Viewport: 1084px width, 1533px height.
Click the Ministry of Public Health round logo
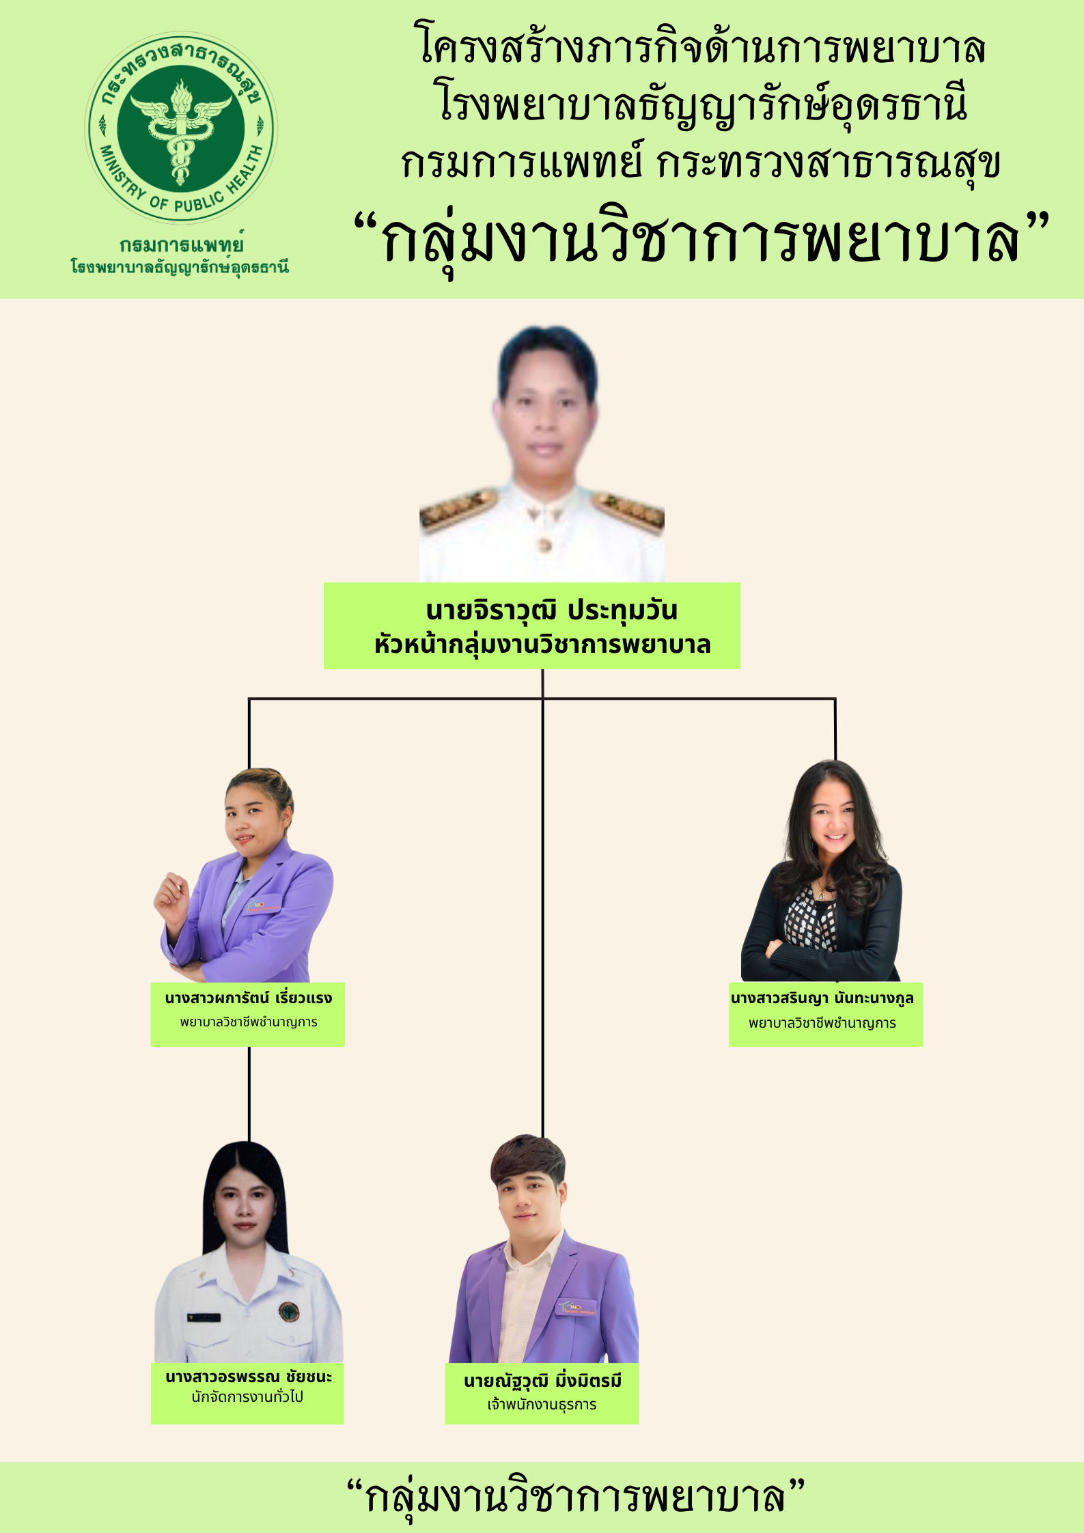point(181,127)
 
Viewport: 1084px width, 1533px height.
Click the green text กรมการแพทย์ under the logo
point(182,244)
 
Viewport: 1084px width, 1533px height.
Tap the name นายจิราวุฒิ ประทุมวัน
point(551,610)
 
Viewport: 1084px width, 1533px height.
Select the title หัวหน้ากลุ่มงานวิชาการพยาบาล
point(542,644)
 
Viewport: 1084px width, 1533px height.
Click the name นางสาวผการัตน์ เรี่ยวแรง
point(249,998)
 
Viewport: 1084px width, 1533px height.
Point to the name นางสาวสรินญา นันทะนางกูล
point(822,998)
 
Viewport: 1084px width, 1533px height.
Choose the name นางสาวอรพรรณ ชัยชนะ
point(249,1377)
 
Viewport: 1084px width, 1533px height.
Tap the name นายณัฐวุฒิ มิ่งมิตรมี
point(543,1381)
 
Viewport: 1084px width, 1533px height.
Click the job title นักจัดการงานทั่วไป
point(247,1397)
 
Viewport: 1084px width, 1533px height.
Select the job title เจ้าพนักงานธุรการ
point(542,1405)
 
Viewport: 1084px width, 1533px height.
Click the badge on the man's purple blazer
point(577,1308)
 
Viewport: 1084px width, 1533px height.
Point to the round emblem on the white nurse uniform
point(289,1311)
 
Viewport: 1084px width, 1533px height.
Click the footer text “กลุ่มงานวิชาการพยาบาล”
point(576,1497)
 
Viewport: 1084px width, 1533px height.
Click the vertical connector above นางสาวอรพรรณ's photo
point(249,1094)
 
